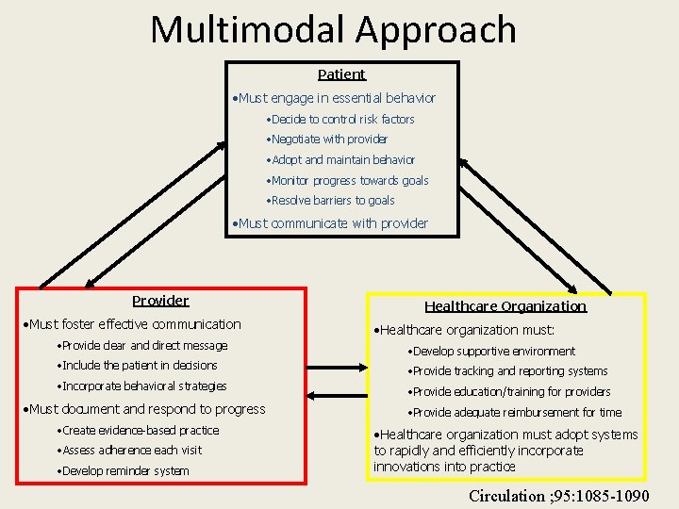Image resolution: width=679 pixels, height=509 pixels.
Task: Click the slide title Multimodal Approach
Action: pos(333,29)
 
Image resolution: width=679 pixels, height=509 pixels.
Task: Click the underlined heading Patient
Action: pos(341,74)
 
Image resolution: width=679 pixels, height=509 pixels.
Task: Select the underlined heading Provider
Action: pos(160,301)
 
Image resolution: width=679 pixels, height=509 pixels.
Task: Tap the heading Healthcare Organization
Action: pos(505,306)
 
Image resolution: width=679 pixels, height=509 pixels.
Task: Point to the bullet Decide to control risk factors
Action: pos(341,120)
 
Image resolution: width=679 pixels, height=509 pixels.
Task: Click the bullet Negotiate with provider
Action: pos(328,140)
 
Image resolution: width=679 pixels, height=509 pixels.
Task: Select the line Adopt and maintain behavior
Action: pos(341,160)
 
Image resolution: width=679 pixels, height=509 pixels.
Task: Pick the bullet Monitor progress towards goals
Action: pos(348,180)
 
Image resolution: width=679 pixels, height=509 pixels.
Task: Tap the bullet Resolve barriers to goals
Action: pos(332,201)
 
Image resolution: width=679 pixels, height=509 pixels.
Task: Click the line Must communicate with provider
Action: pos(331,223)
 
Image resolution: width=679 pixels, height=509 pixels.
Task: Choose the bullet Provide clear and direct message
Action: pos(142,346)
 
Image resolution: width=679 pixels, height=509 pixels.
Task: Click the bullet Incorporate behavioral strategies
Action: pos(142,386)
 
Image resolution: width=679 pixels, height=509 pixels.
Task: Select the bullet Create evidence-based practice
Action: pos(138,431)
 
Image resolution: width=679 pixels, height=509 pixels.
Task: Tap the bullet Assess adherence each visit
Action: pos(130,451)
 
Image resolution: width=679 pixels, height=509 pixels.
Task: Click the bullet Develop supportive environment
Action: pos(491,352)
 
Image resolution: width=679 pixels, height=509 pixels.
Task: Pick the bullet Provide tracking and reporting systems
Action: pos(507,371)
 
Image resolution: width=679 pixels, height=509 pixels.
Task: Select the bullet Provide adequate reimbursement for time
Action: pos(515,412)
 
